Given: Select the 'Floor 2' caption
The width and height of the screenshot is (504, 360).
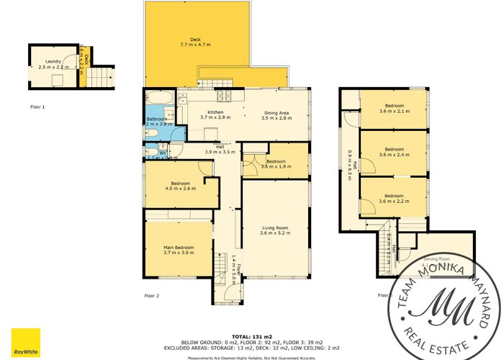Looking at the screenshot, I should pyautogui.click(x=151, y=295).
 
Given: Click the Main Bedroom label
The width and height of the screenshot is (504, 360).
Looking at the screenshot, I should pyautogui.click(x=179, y=250).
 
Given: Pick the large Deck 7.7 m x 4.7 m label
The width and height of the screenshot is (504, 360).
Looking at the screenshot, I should pyautogui.click(x=194, y=42).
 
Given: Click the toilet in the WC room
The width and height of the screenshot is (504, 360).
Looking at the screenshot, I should pyautogui.click(x=151, y=152).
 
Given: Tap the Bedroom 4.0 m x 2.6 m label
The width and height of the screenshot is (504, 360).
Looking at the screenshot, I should pyautogui.click(x=178, y=186).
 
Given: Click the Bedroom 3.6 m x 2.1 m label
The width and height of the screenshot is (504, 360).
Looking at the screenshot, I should pyautogui.click(x=393, y=109).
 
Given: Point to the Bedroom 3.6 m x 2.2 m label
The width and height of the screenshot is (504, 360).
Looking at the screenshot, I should pyautogui.click(x=393, y=198).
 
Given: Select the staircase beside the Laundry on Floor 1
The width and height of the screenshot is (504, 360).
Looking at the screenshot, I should pyautogui.click(x=104, y=76).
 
